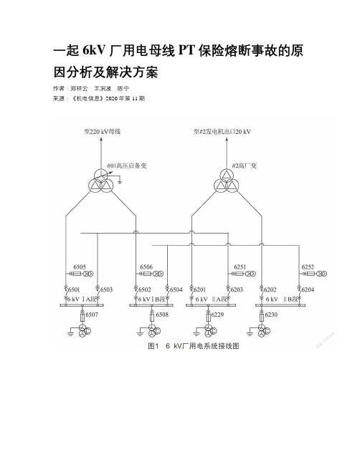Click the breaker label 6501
[74, 289]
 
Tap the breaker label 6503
[106, 289]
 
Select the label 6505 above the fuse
[80, 267]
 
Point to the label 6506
[146, 267]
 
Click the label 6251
[240, 267]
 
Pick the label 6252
[308, 267]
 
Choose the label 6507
[92, 315]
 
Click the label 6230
[271, 315]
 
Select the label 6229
[217, 315]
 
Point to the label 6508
[162, 315]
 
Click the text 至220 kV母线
[102, 131]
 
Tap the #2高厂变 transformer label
[245, 166]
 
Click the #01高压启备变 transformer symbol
[100, 181]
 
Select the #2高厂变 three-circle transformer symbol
[226, 181]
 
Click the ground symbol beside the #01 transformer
[119, 181]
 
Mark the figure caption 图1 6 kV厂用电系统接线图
[194, 346]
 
